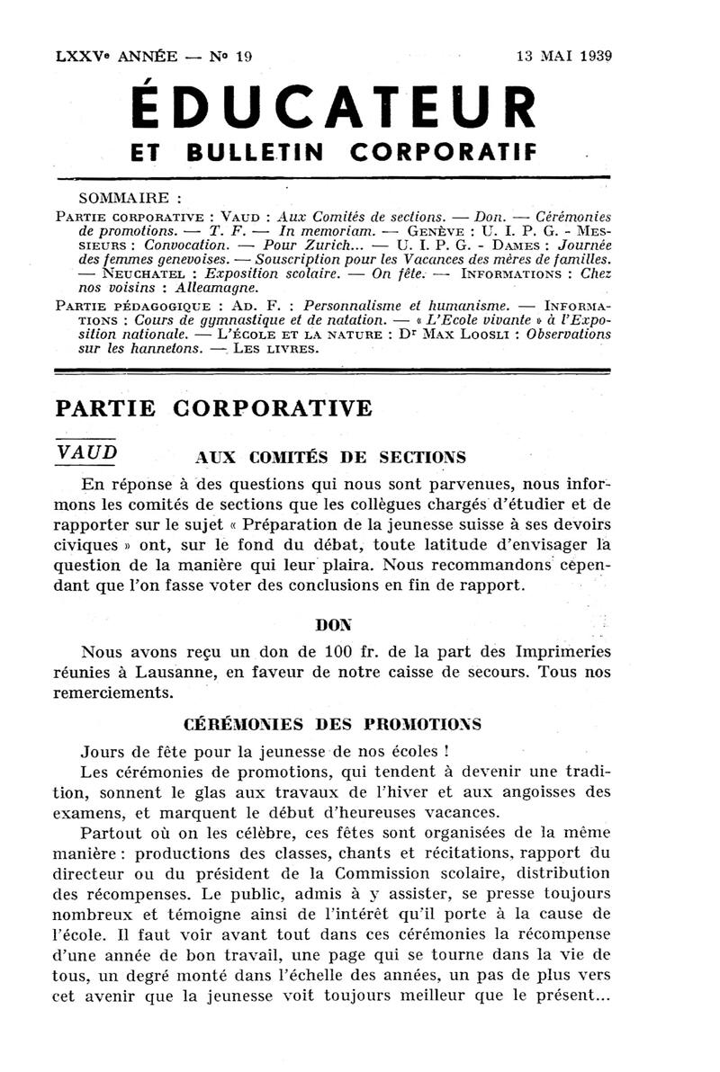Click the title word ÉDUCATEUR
335,107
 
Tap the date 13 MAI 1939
563,56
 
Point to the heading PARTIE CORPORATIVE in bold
213,407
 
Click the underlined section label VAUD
86,451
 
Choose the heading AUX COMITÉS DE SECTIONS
331,456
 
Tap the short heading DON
335,622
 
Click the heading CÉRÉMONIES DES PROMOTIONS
332,723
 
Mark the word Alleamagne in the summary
216,287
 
